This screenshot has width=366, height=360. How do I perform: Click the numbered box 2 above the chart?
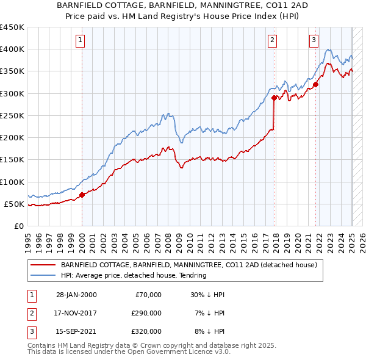click(x=272, y=41)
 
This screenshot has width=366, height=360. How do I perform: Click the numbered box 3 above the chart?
click(x=314, y=41)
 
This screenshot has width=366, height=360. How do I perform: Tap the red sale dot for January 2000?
click(x=82, y=195)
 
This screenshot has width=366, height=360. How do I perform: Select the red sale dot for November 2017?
click(x=274, y=98)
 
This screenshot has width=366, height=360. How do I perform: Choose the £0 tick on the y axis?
click(x=19, y=226)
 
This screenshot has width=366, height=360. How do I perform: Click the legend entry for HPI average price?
click(x=134, y=275)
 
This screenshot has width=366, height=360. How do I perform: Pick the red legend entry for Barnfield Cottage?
click(x=188, y=265)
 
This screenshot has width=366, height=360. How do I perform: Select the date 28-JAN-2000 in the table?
click(x=76, y=295)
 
